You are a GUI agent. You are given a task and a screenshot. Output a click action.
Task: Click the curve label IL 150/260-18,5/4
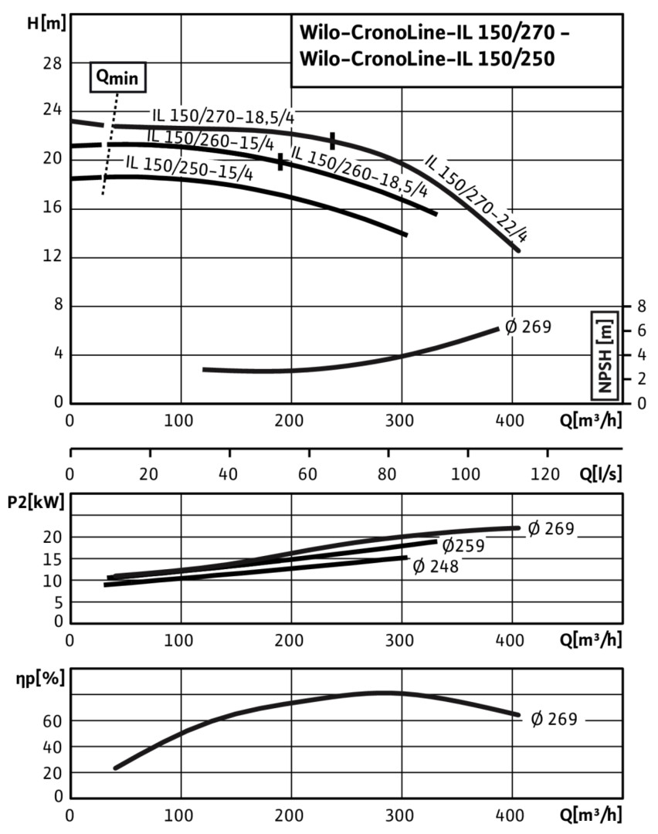359,175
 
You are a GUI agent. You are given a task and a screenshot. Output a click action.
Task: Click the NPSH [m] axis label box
605,354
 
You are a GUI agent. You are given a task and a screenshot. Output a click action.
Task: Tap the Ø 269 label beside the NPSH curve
528,327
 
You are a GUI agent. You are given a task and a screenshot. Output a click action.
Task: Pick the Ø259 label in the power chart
463,547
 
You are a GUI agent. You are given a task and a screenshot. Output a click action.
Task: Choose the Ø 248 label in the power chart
436,567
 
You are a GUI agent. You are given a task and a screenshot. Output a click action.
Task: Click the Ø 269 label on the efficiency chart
554,719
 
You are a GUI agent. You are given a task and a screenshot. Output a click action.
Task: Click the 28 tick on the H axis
52,63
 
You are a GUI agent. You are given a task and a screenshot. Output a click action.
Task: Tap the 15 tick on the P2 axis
53,559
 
